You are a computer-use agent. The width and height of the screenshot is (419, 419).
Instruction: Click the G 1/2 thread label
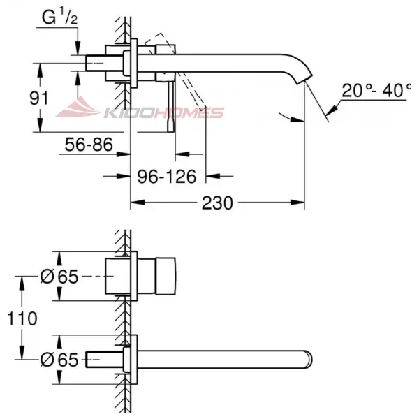point(60,17)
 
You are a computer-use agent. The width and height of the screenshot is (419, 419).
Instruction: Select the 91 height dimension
point(38,98)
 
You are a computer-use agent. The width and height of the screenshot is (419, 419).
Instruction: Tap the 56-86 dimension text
point(89,145)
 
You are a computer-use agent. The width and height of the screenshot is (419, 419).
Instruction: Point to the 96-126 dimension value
point(167,177)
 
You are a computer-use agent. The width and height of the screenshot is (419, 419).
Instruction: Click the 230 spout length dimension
point(217,203)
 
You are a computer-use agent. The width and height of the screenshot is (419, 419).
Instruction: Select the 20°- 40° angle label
point(376,90)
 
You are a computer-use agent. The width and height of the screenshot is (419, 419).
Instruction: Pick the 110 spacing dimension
point(22,318)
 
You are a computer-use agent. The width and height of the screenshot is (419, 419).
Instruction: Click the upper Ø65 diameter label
point(59,277)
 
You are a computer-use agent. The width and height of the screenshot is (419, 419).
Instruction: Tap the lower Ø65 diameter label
point(59,360)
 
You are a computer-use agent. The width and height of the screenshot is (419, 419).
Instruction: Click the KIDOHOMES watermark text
point(163,112)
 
